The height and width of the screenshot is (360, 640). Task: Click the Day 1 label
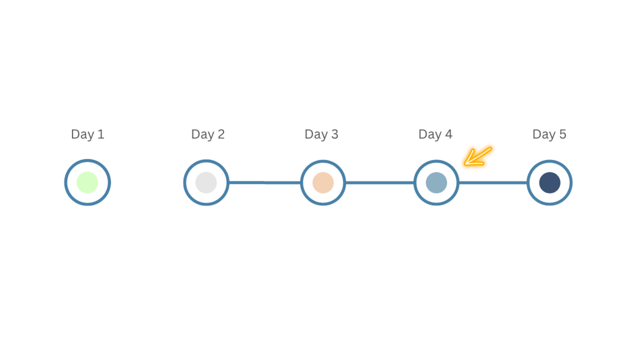(87, 134)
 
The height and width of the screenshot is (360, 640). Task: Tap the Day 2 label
(207, 134)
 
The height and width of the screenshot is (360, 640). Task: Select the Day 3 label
(322, 134)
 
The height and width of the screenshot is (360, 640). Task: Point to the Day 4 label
(435, 134)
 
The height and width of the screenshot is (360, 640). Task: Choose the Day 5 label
(549, 134)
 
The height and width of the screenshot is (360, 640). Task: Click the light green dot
(87, 182)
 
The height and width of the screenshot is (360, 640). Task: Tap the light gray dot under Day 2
(206, 182)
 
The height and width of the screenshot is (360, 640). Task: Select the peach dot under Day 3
(323, 182)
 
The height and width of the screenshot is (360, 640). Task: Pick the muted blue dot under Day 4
(436, 182)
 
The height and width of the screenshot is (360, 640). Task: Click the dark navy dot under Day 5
(550, 182)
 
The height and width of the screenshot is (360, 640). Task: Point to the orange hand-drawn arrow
(477, 157)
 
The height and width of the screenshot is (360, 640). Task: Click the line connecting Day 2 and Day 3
(265, 182)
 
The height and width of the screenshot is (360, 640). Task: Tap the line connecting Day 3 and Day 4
(380, 182)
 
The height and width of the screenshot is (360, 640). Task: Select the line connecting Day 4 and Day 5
(493, 182)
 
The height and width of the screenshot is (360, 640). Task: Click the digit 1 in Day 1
(101, 134)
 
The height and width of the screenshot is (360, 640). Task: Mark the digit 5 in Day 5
(563, 134)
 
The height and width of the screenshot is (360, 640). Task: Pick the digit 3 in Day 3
(334, 134)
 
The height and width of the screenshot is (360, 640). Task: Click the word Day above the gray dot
(203, 135)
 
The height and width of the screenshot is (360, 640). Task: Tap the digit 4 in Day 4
(449, 134)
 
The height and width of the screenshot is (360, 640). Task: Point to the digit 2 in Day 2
(221, 134)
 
